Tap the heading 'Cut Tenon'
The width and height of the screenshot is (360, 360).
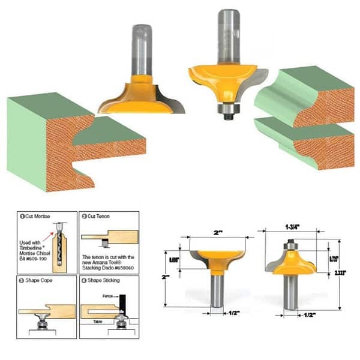pyautogui.click(x=99, y=215)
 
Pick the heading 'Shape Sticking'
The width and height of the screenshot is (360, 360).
pyautogui.click(x=104, y=280)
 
